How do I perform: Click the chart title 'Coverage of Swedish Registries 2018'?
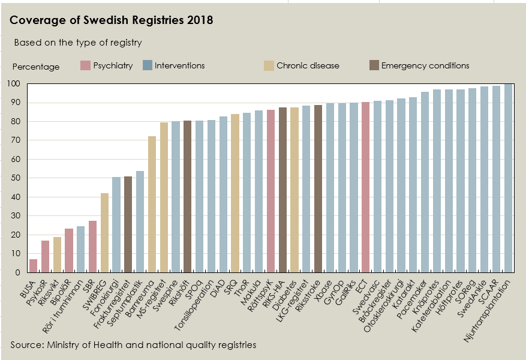pyautogui.click(x=112, y=20)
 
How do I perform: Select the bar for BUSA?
pyautogui.click(x=33, y=266)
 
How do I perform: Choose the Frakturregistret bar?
pyautogui.click(x=128, y=224)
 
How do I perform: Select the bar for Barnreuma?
pyautogui.click(x=152, y=204)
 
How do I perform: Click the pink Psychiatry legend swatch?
pyautogui.click(x=85, y=66)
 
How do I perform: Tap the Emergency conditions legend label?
pyautogui.click(x=425, y=66)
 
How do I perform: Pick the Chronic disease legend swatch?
pyautogui.click(x=269, y=66)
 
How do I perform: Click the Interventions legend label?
pyautogui.click(x=179, y=66)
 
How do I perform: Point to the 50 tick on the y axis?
pyautogui.click(x=16, y=178)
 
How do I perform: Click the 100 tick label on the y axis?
pyautogui.click(x=14, y=83)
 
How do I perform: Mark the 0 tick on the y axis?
pyautogui.click(x=18, y=272)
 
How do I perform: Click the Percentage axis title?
pyautogui.click(x=36, y=67)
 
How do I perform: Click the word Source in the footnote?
pyautogui.click(x=26, y=344)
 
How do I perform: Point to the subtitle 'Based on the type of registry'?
pyautogui.click(x=78, y=43)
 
